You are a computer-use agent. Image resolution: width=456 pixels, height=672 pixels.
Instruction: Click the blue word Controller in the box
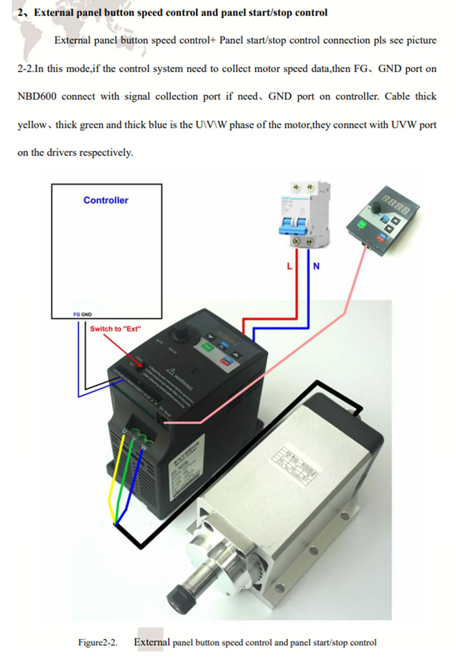[x=106, y=200]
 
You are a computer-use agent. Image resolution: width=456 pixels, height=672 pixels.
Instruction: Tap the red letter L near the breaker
[x=289, y=266]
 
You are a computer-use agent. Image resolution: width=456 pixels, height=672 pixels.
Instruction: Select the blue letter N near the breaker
[x=316, y=266]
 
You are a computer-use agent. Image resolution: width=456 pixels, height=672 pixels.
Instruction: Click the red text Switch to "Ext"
[x=115, y=329]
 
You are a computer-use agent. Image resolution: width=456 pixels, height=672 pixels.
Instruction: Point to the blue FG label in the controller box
[x=76, y=314]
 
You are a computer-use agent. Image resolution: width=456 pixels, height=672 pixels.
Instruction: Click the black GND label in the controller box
[x=87, y=314]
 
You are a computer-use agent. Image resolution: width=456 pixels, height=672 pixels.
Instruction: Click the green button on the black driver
[x=207, y=347]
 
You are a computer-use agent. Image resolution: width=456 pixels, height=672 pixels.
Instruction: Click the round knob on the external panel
[x=376, y=208]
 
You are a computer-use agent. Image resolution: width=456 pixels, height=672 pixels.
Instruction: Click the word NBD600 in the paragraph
[x=37, y=96]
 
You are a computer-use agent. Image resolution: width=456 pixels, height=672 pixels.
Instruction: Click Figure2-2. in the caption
[x=98, y=642]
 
